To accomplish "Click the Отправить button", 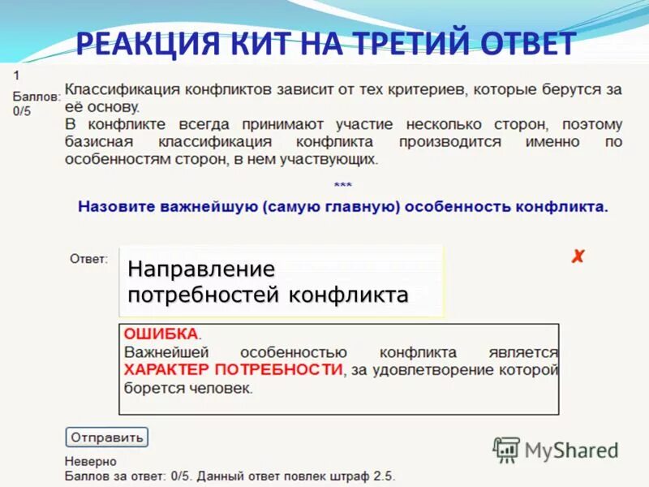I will tap(107, 437).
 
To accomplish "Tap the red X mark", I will tap(577, 257).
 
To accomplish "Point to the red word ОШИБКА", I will tap(161, 334).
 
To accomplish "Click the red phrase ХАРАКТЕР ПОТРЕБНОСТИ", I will tap(233, 370).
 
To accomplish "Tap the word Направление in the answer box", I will tap(201, 268).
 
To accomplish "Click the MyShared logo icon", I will tap(506, 449).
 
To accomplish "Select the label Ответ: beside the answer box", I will tap(88, 259).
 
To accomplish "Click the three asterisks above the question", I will tap(342, 186).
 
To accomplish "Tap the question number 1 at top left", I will tap(16, 74).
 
